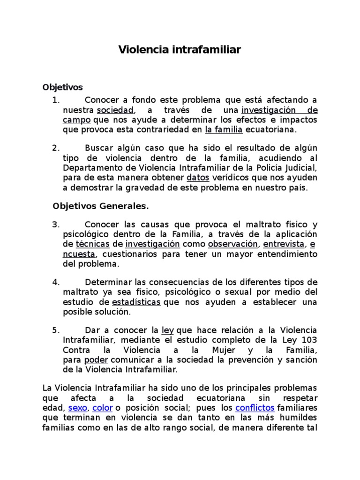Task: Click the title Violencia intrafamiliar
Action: pyautogui.click(x=180, y=49)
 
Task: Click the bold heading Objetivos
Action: pyautogui.click(x=62, y=87)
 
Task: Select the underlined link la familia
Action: pyautogui.click(x=224, y=129)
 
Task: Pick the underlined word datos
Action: pyautogui.click(x=197, y=178)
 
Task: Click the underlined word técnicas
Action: pyautogui.click(x=92, y=244)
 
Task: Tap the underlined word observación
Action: pyautogui.click(x=232, y=244)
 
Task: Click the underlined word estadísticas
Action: pyautogui.click(x=136, y=302)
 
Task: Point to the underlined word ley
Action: pyautogui.click(x=167, y=330)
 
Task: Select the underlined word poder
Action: pyautogui.click(x=96, y=360)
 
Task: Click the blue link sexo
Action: pyautogui.click(x=77, y=407)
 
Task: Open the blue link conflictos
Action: pyautogui.click(x=255, y=407)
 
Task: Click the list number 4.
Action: pyautogui.click(x=56, y=282)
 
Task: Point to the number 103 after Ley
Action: pyautogui.click(x=310, y=340)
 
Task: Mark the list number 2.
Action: pyautogui.click(x=55, y=148)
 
